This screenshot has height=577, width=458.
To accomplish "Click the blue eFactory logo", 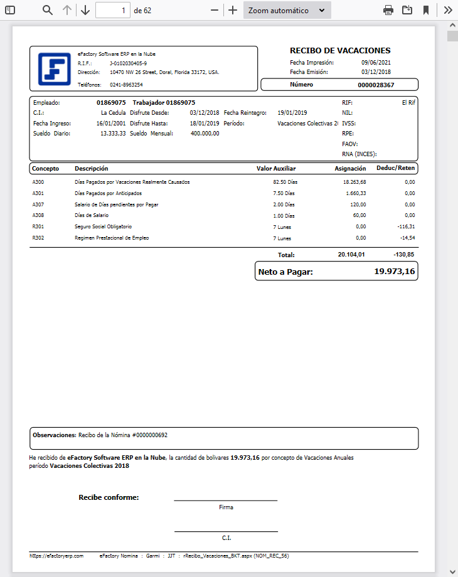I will tap(54, 69).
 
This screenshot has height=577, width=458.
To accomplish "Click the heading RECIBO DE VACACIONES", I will tap(340, 50).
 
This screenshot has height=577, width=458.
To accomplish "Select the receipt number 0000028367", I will tap(376, 85).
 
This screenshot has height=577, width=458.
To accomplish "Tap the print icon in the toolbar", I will tap(388, 10).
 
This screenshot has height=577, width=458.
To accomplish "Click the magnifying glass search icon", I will tap(48, 10).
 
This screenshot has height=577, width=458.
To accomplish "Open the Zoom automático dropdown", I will tap(287, 11).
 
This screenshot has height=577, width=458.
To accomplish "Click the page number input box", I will tap(113, 11).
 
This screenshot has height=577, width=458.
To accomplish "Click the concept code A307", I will tap(38, 204).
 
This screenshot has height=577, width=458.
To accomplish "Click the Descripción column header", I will tap(91, 168).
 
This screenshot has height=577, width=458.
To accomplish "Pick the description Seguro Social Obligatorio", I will tap(104, 226).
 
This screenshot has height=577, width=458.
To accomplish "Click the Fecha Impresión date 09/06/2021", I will tap(376, 63).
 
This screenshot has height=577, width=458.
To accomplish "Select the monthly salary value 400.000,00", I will tap(205, 134).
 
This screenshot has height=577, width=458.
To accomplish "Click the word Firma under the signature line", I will tap(226, 507).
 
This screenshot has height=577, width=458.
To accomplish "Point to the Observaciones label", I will tap(54, 435).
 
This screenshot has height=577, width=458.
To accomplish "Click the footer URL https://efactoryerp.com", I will tap(56, 556).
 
